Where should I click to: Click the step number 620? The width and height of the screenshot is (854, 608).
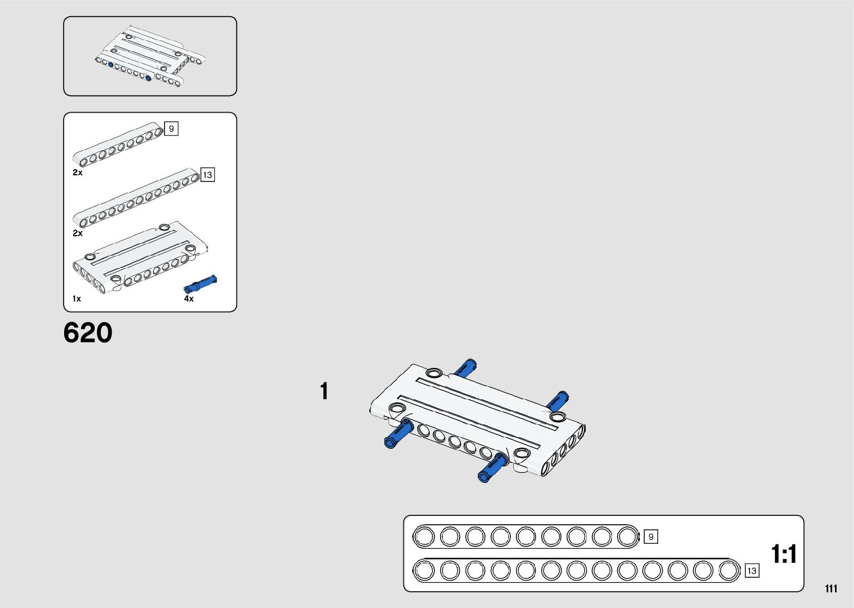(88, 333)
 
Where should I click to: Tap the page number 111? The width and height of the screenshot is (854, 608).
(831, 588)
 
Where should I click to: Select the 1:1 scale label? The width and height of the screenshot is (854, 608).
(783, 554)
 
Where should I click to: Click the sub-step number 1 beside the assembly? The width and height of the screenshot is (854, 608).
(324, 391)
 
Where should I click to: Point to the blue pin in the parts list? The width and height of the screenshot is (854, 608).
(200, 284)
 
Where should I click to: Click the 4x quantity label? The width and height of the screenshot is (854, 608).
(189, 299)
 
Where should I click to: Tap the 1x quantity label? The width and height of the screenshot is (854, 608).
(76, 299)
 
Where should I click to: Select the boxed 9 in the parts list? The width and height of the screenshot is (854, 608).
(171, 129)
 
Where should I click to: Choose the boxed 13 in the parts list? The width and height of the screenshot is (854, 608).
(208, 175)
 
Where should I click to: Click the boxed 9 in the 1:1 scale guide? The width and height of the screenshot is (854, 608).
(650, 537)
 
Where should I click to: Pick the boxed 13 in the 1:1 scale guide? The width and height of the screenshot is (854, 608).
(751, 571)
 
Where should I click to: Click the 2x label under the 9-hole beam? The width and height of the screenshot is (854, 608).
(78, 173)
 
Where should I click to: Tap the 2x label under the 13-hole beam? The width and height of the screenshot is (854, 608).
(78, 233)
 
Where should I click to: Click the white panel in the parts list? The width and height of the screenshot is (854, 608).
(139, 257)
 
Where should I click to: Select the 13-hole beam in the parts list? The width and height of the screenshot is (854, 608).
(136, 198)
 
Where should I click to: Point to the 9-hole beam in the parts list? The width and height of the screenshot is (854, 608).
(117, 145)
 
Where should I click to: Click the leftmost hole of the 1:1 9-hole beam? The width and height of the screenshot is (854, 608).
(424, 537)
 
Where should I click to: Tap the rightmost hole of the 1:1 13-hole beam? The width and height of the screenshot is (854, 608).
(728, 571)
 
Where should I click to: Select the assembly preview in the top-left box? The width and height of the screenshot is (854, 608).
(149, 56)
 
